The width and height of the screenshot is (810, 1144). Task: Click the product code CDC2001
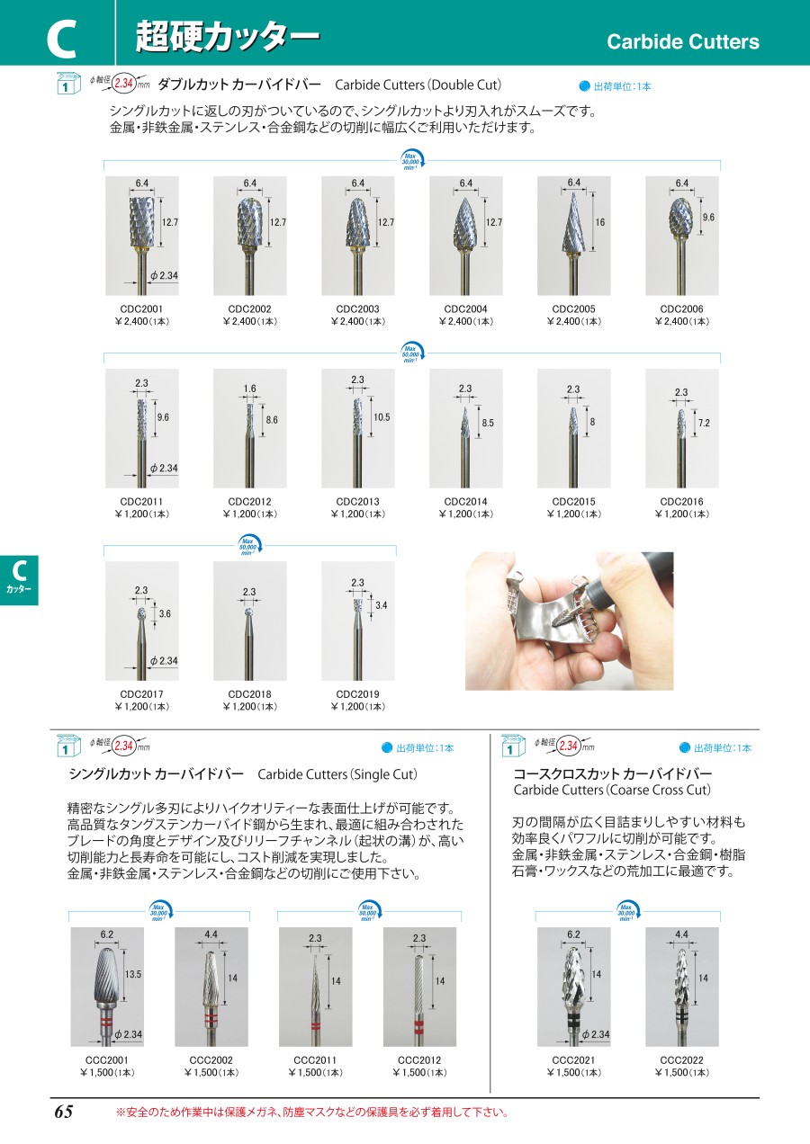pyautogui.click(x=141, y=309)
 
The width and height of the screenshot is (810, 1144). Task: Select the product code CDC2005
pyautogui.click(x=573, y=309)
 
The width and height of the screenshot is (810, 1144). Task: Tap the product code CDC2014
pyautogui.click(x=465, y=502)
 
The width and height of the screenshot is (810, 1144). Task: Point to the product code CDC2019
pyautogui.click(x=357, y=694)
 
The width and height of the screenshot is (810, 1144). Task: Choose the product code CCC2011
pyautogui.click(x=315, y=1059)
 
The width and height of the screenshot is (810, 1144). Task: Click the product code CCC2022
pyautogui.click(x=681, y=1059)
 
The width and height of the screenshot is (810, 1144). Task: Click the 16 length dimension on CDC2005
pyautogui.click(x=600, y=222)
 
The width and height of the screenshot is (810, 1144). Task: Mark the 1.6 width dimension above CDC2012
pyautogui.click(x=249, y=389)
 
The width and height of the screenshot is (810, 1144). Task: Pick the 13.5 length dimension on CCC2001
pyautogui.click(x=133, y=974)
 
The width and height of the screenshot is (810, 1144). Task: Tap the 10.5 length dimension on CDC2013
pyautogui.click(x=382, y=417)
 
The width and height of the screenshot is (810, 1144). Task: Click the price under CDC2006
pyautogui.click(x=681, y=322)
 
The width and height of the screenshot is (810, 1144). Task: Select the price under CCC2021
pyautogui.click(x=573, y=1072)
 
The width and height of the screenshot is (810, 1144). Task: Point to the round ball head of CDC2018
pyautogui.click(x=249, y=612)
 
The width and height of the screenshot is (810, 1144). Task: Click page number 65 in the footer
pyautogui.click(x=64, y=1112)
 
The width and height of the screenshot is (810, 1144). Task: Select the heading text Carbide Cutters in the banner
pyautogui.click(x=683, y=41)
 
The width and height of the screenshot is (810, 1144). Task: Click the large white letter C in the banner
pyautogui.click(x=61, y=39)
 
